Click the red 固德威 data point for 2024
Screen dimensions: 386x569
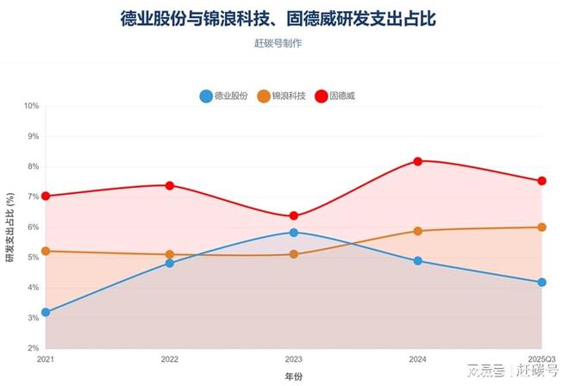(x=418, y=161)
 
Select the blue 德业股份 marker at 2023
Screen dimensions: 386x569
(x=294, y=233)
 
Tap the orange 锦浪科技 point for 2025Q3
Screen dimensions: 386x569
(x=542, y=227)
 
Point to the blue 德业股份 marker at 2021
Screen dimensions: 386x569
(x=46, y=312)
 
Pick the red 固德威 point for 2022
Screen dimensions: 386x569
(x=170, y=185)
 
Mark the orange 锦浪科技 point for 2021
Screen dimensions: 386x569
(x=46, y=252)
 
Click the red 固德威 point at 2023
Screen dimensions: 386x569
(x=294, y=216)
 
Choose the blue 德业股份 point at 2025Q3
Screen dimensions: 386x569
(x=542, y=283)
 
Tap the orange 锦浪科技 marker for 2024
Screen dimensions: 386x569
(x=418, y=231)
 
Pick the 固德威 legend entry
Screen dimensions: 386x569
(x=335, y=96)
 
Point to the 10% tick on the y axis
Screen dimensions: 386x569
(x=32, y=106)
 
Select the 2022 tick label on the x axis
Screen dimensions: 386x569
(x=170, y=359)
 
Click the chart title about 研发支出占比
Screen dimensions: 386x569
(x=284, y=20)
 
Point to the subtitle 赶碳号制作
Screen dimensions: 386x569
(x=284, y=44)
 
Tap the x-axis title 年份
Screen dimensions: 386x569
(x=294, y=377)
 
